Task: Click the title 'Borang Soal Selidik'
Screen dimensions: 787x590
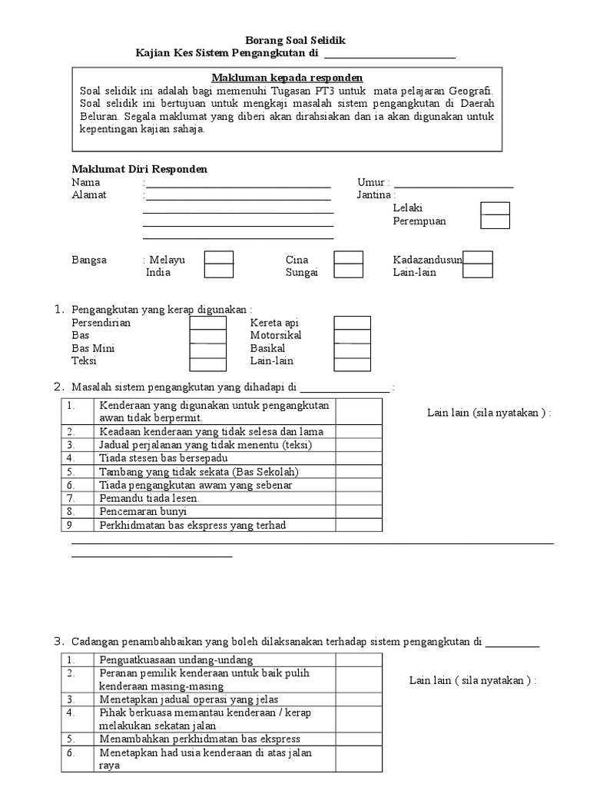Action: [x=290, y=41]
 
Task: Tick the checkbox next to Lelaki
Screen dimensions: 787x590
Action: [x=495, y=208]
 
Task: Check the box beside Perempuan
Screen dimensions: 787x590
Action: [x=495, y=221]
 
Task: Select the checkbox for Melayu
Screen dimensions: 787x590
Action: [x=219, y=258]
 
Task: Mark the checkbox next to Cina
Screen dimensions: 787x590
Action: [x=348, y=258]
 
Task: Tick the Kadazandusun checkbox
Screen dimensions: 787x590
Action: [x=478, y=258]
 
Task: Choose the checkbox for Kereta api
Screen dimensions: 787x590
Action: [x=352, y=323]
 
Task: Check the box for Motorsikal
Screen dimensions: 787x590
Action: [x=352, y=336]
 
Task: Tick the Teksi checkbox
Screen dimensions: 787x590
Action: [x=208, y=361]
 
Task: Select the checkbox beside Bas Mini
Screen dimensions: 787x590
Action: [x=208, y=349]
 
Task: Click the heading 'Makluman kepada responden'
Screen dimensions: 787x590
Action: [x=287, y=78]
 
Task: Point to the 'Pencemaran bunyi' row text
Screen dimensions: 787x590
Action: [x=138, y=511]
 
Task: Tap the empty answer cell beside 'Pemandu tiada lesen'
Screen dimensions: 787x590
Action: [x=359, y=498]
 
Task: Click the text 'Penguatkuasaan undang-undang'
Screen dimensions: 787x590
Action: [x=176, y=660]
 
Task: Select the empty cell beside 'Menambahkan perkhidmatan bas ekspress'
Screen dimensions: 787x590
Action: [x=359, y=739]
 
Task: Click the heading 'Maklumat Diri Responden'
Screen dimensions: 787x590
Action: [x=139, y=169]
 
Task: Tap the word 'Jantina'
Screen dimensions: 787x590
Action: [x=373, y=195]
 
